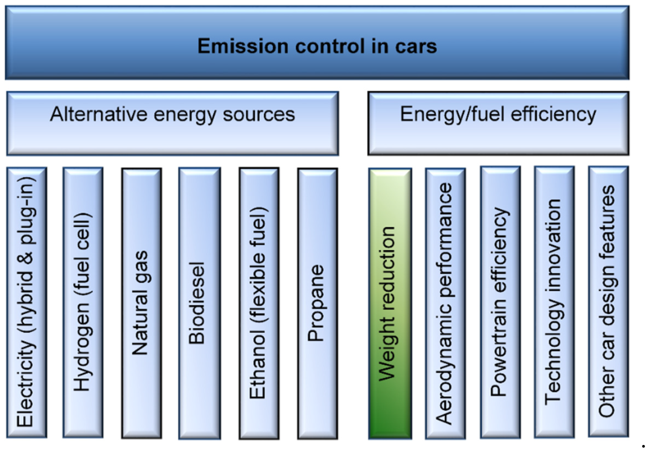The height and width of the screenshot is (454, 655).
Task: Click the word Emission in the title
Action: pyautogui.click(x=243, y=46)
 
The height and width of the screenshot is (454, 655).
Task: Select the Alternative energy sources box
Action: pyautogui.click(x=173, y=123)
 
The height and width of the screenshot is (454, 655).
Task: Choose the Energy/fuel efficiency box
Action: pyautogui.click(x=498, y=123)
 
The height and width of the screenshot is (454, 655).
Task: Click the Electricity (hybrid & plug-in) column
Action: pyautogui.click(x=27, y=302)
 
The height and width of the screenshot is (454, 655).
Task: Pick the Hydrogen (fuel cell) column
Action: pyautogui.click(x=83, y=302)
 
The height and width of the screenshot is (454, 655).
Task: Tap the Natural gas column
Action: pyautogui.click(x=142, y=303)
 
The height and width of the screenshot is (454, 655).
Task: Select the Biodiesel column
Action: pyautogui.click(x=199, y=303)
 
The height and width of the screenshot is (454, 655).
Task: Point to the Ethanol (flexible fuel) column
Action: pyautogui.click(x=259, y=303)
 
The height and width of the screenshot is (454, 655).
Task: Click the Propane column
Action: pyautogui.click(x=317, y=303)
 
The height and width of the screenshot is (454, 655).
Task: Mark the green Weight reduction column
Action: pyautogui.click(x=390, y=303)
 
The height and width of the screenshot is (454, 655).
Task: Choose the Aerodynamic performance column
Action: pyautogui.click(x=445, y=303)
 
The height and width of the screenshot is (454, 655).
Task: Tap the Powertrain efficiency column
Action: pyautogui.click(x=500, y=302)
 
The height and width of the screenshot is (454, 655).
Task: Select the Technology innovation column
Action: pyautogui.click(x=554, y=302)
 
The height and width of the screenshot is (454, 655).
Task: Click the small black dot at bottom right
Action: pyautogui.click(x=643, y=446)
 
